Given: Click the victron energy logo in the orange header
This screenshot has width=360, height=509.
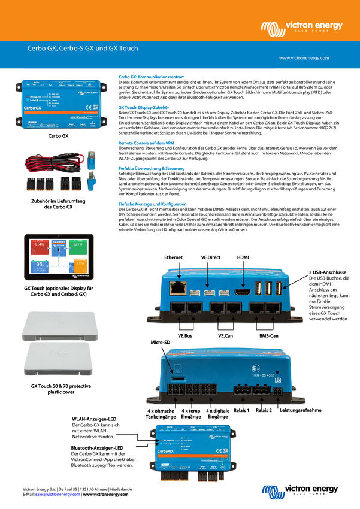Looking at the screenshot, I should pos(301,27).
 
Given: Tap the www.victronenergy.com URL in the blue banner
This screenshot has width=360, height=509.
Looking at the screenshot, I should pos(304,58).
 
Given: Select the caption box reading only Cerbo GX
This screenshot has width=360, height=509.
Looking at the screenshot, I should pos(59,136).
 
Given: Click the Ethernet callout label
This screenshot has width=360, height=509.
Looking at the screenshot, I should pos(173,257).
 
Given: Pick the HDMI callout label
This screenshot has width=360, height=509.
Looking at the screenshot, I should pos(243,257).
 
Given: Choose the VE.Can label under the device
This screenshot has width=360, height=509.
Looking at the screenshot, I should pos(226,336).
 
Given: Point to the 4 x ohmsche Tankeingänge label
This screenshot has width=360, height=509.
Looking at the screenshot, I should pos(160,414).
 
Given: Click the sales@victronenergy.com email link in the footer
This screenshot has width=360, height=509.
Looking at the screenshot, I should pos(58,495).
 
